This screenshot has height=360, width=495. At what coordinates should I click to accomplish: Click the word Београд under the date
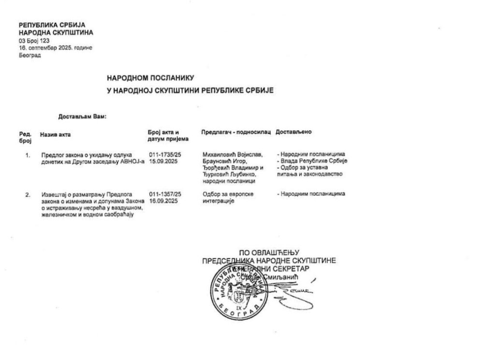(30, 55)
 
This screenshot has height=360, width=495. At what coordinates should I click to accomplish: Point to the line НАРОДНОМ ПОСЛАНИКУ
(150, 77)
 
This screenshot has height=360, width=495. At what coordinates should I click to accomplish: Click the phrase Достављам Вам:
(82, 117)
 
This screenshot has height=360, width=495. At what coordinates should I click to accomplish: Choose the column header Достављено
(293, 132)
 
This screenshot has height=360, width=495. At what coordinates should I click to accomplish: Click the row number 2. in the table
(28, 195)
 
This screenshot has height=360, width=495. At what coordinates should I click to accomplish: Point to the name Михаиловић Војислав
(233, 154)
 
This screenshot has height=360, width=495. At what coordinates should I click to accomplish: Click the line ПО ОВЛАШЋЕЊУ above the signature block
(269, 252)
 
